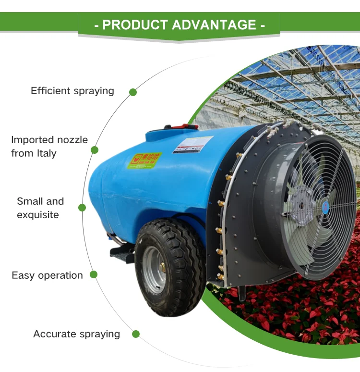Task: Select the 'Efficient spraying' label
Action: tap(72, 91)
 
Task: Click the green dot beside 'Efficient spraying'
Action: tap(133, 92)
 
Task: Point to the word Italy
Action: tap(45, 153)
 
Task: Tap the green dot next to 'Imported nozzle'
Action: tap(95, 149)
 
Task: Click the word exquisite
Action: tap(38, 215)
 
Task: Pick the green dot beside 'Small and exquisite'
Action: tap(82, 208)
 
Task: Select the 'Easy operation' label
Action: tap(47, 275)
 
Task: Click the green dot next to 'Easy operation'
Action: tap(94, 274)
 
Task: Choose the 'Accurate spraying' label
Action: tap(76, 334)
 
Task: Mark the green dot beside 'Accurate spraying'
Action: tap(136, 334)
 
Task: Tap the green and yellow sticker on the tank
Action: tap(144, 161)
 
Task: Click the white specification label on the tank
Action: tap(193, 145)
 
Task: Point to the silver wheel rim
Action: tap(155, 270)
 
